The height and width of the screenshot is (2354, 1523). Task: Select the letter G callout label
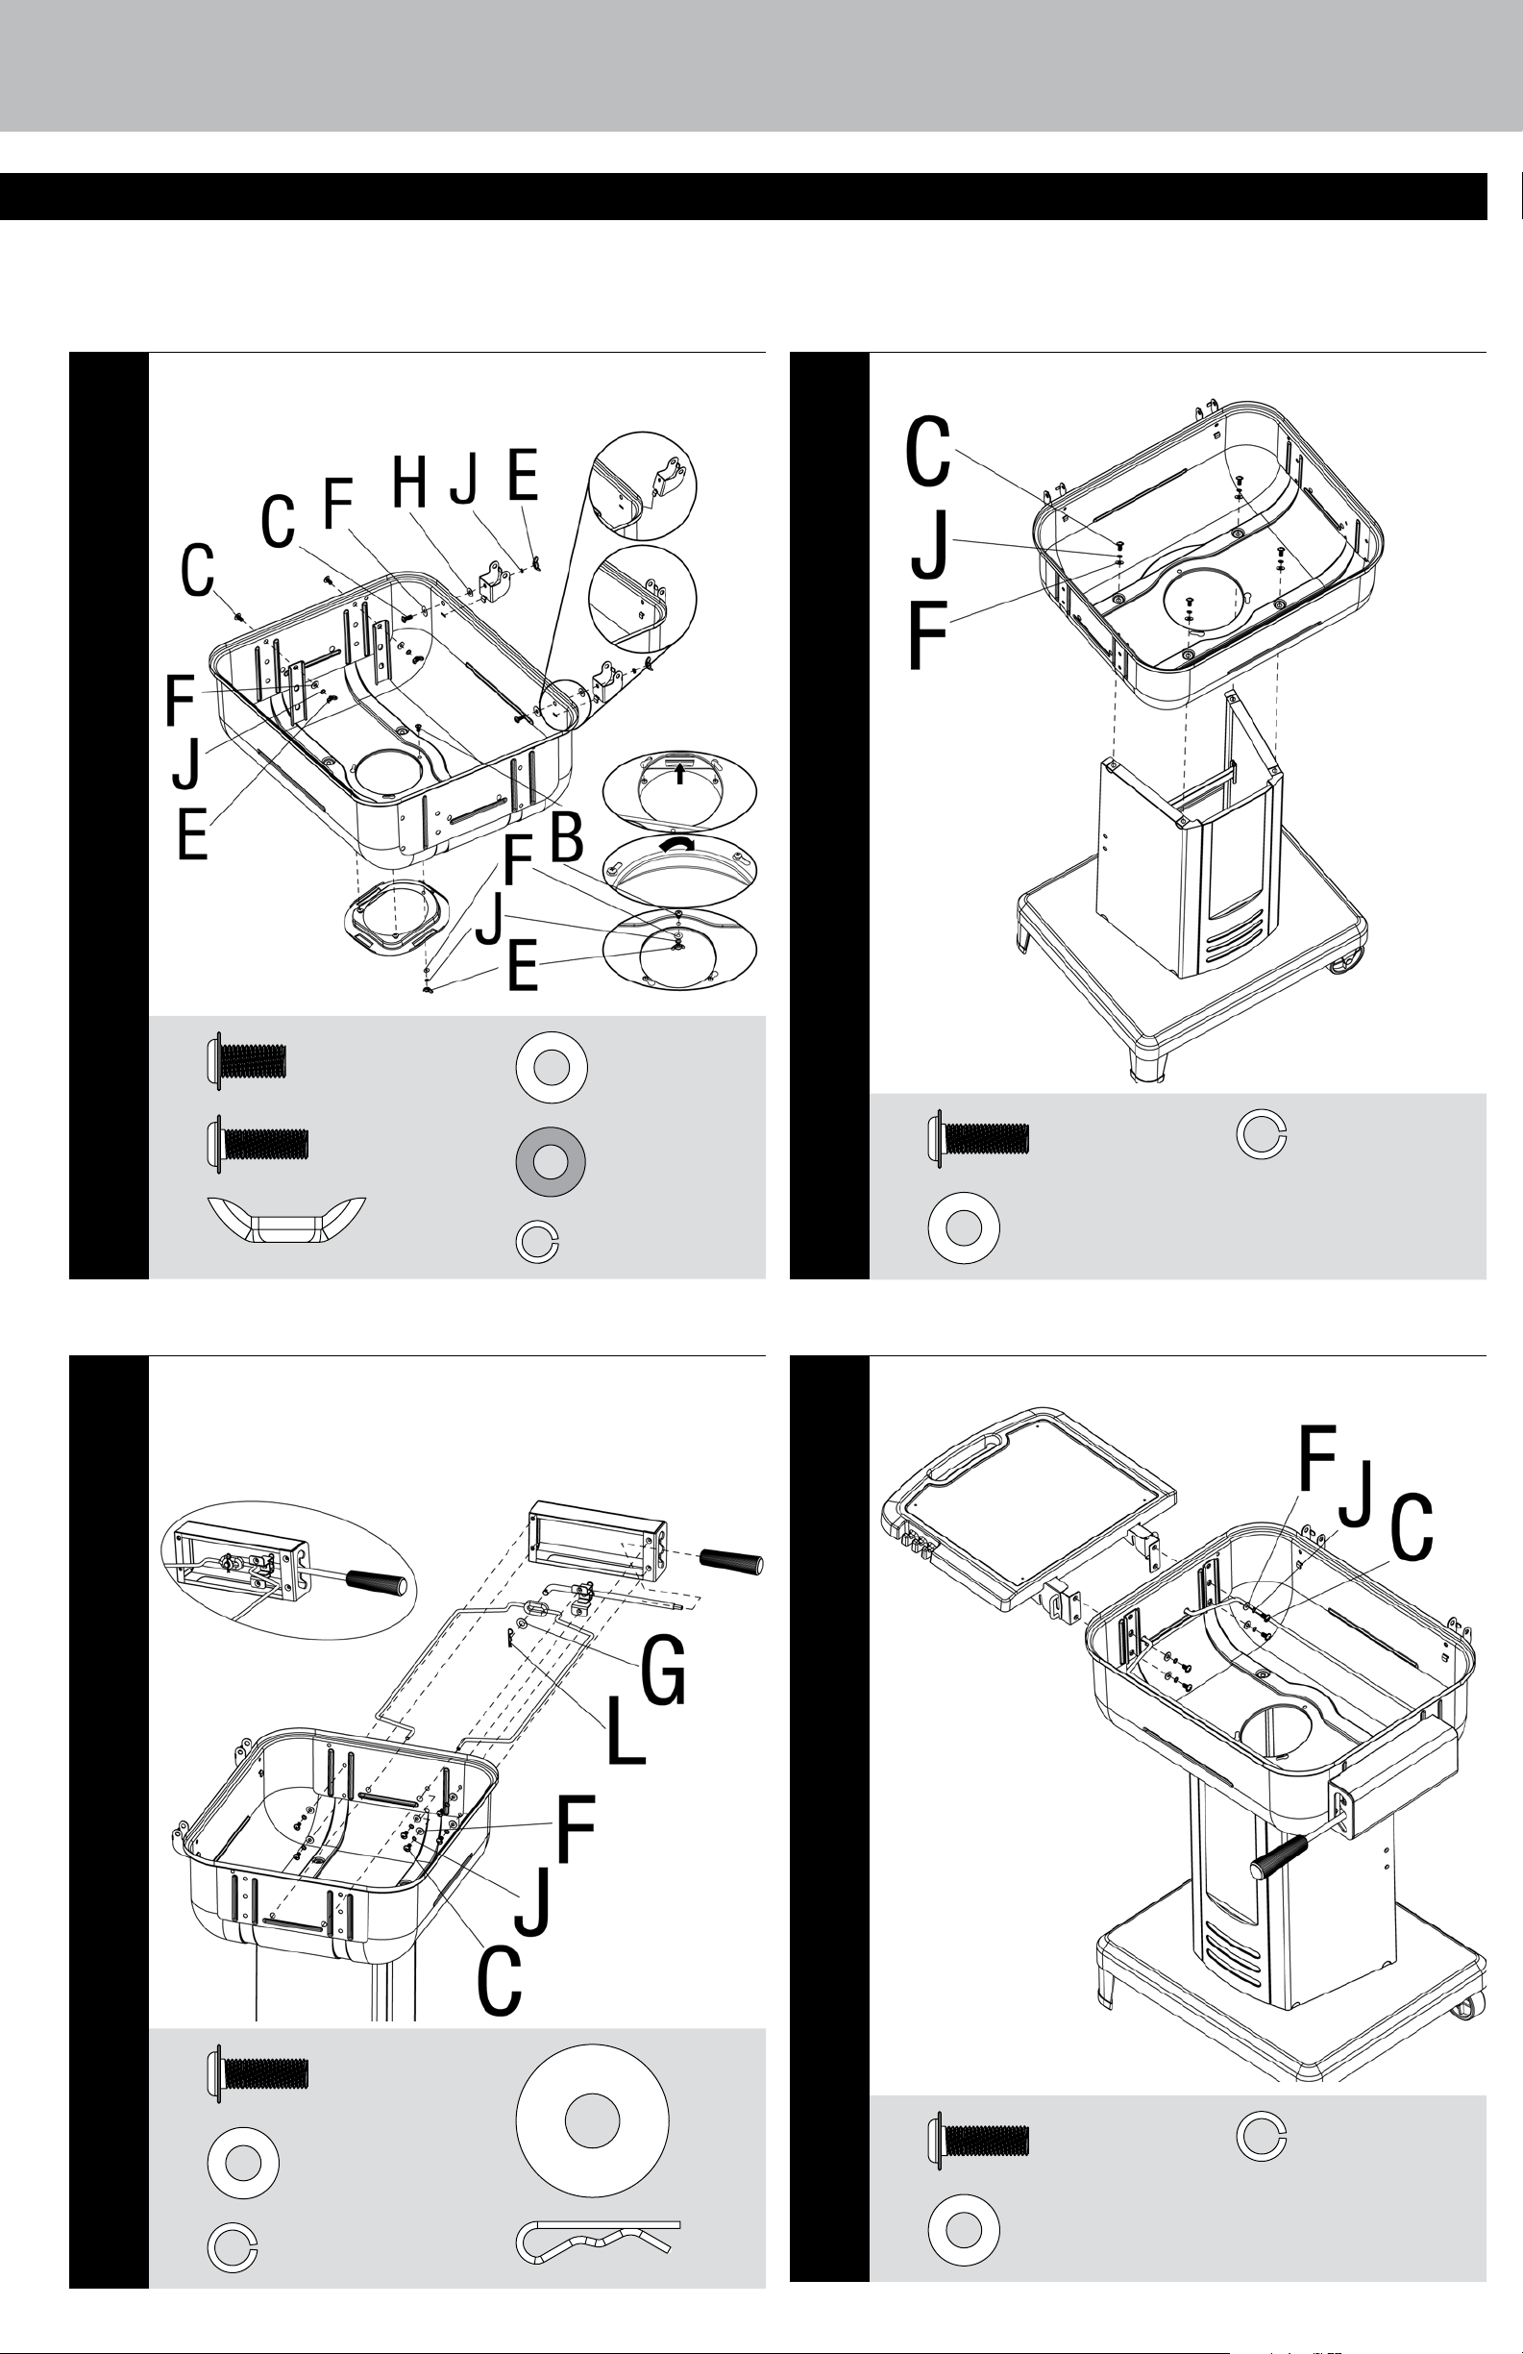664,1671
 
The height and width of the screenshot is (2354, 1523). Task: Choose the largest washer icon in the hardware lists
593,2120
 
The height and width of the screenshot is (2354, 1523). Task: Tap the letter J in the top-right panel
929,543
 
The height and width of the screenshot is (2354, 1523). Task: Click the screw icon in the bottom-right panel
978,2141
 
